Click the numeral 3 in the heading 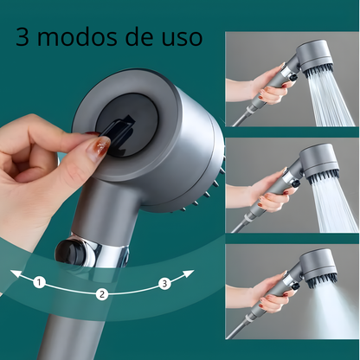tap(23, 38)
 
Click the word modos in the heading tap(79, 38)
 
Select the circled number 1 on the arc tap(38, 282)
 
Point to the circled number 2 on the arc tap(102, 294)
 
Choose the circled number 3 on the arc tap(164, 282)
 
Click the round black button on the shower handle tap(69, 252)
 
